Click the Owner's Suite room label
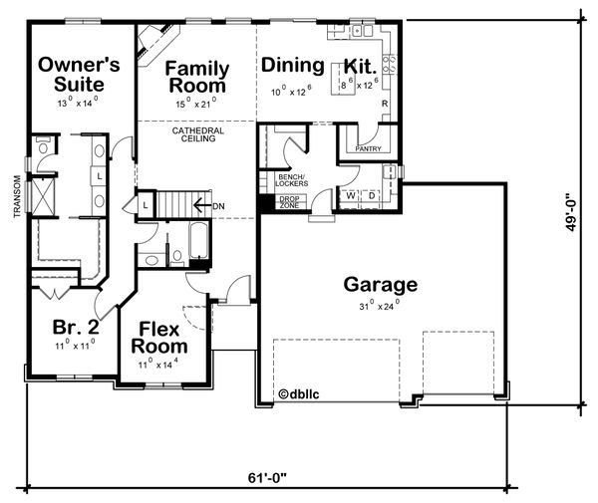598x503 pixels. coord(79,75)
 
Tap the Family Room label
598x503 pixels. coord(197,77)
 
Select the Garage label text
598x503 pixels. coord(381,285)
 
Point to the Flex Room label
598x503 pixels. coord(159,338)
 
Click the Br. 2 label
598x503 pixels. coord(76,327)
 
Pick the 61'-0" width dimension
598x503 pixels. coord(267,477)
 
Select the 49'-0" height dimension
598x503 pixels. coord(570,212)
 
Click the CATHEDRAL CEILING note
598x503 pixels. coord(198,134)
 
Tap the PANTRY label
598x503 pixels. coord(368,148)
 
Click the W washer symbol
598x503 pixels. coord(351,195)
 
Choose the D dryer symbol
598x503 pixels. coord(372,196)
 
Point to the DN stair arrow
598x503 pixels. coord(202,206)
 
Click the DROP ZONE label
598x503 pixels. coord(289,202)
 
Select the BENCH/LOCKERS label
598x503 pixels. coord(292,180)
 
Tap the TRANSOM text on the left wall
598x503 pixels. coord(17,196)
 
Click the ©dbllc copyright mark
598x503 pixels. coord(299,394)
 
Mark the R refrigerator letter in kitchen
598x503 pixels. coord(385,104)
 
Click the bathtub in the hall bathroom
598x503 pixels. coord(198,241)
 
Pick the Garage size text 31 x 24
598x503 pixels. coord(380,305)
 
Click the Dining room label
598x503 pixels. coord(292,65)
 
